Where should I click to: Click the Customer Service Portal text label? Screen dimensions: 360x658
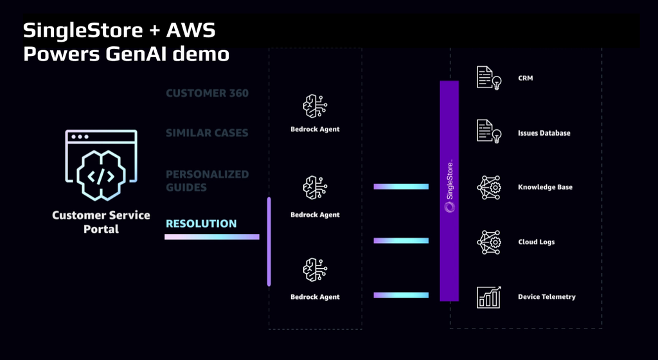[x=102, y=222]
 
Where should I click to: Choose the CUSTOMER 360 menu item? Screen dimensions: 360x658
[x=207, y=93]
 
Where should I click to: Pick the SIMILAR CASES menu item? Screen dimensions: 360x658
[x=207, y=133]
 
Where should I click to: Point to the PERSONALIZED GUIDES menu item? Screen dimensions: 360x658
[x=207, y=181]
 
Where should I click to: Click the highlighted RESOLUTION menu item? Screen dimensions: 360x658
[x=201, y=224]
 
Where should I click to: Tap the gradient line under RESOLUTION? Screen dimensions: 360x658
[x=212, y=237]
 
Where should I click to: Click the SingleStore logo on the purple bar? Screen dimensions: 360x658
[x=449, y=206]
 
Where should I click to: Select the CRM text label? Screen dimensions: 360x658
[x=525, y=78]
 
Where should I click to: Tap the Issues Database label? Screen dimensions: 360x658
[x=544, y=133]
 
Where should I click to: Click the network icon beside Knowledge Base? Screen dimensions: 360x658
[x=488, y=187]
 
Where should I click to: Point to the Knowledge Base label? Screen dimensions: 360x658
[x=545, y=187]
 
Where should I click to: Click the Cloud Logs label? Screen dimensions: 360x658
[x=536, y=242]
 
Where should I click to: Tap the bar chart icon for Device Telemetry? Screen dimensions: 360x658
[x=488, y=297]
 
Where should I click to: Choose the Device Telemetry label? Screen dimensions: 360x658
[x=546, y=297]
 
